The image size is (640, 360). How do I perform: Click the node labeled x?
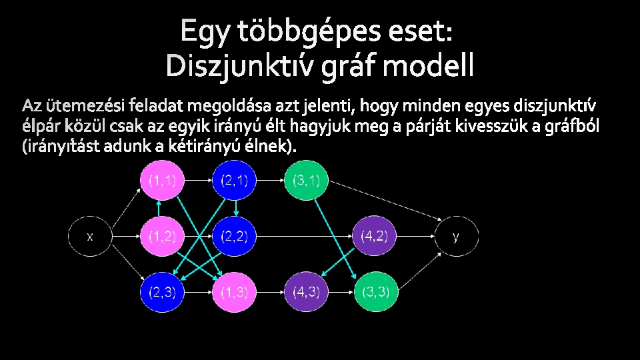pyautogui.click(x=90, y=236)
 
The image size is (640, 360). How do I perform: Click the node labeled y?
pyautogui.click(x=456, y=236)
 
